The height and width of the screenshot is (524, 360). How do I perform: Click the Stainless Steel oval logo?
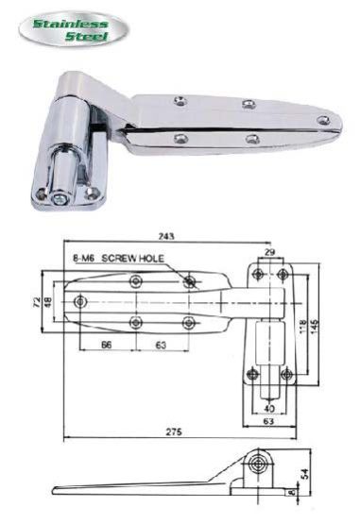pyautogui.click(x=73, y=26)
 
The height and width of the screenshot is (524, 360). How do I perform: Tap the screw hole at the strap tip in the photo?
pyautogui.click(x=322, y=120)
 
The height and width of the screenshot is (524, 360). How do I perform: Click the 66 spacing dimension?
pyautogui.click(x=108, y=347)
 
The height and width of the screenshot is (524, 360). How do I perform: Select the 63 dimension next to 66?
pyautogui.click(x=161, y=347)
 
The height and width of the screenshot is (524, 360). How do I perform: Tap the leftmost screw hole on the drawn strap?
pyautogui.click(x=79, y=301)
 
